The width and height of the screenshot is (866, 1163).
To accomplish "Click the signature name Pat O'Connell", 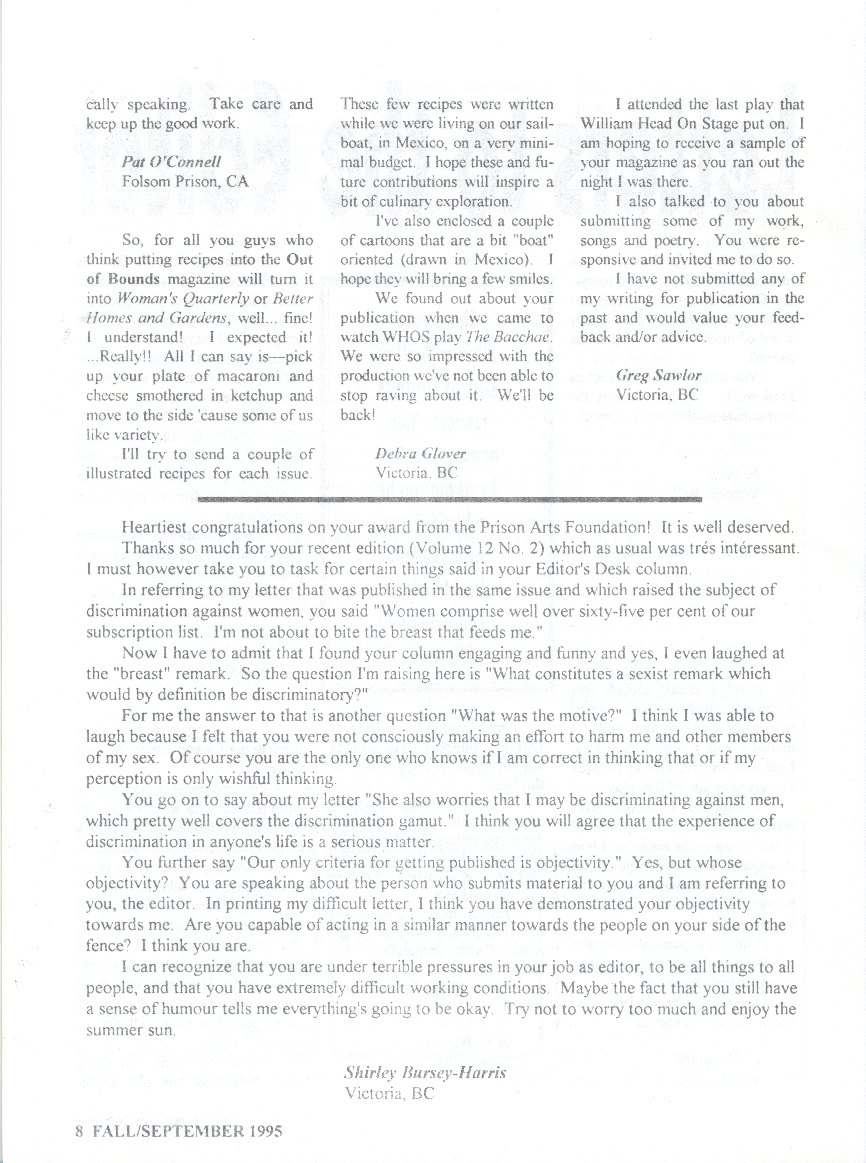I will [x=171, y=162].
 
